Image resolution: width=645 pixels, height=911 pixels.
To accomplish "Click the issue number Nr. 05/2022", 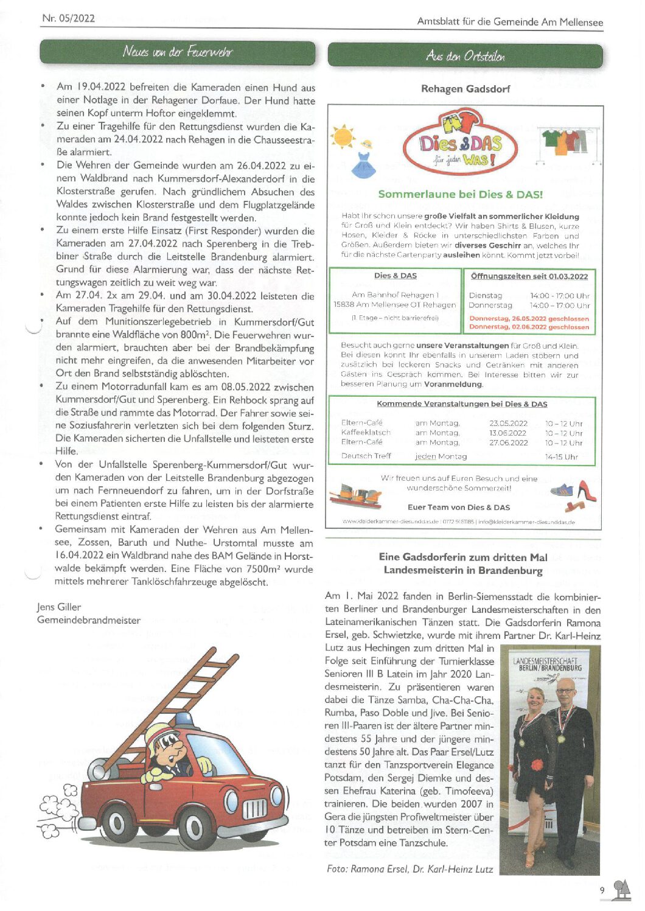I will click(68, 18).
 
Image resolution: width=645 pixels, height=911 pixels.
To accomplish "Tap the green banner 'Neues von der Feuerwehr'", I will click(178, 52).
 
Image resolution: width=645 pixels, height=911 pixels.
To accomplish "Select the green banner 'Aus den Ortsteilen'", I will click(465, 56).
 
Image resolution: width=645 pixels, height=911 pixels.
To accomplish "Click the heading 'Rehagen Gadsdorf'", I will click(465, 89).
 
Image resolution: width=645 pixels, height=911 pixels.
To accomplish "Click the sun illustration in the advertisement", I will click(344, 136).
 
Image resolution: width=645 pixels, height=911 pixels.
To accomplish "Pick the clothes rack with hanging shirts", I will click(570, 144).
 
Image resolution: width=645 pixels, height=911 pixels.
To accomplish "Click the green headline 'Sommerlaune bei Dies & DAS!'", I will click(460, 195).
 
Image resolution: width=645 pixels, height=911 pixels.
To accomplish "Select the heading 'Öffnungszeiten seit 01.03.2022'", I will click(529, 276).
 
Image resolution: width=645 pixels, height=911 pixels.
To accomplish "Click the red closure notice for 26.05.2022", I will click(529, 318).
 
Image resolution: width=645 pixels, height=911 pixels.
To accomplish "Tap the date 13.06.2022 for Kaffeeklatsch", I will click(508, 433).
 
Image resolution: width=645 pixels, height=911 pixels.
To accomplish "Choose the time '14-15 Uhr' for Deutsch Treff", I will click(561, 456).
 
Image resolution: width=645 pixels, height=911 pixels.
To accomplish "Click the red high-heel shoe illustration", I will click(585, 491).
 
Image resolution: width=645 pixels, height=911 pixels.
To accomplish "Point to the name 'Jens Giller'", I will click(59, 607).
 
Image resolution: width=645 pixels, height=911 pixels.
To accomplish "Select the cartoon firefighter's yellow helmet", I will click(159, 734).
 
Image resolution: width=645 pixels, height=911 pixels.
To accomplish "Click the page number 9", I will click(602, 890).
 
